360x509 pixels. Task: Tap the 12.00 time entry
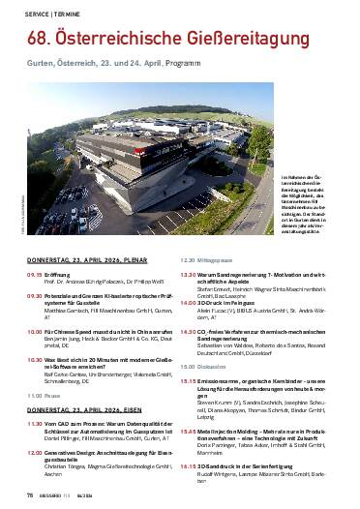34,425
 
